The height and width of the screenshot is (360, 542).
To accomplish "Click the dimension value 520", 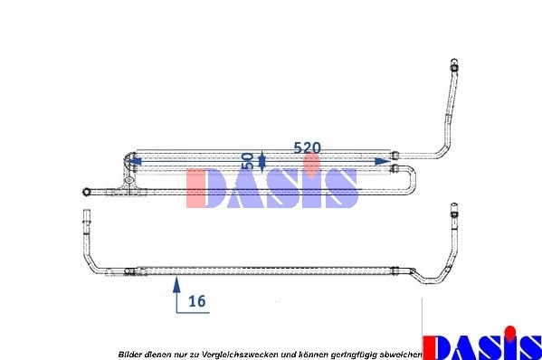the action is tap(308, 148).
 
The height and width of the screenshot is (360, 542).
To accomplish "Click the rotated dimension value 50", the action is tap(248, 161).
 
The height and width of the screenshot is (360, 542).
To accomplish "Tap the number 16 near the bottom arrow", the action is tap(197, 301).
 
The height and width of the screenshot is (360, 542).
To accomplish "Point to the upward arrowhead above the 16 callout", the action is tap(176, 285).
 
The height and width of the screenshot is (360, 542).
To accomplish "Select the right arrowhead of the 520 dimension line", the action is tap(383, 161).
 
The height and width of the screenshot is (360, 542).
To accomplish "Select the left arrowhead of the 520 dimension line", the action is tap(135, 161).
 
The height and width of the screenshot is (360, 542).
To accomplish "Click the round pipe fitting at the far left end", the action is tap(87, 192).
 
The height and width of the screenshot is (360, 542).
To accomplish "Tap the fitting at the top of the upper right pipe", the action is tap(454, 64).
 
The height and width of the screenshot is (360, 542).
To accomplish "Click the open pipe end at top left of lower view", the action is tap(86, 217).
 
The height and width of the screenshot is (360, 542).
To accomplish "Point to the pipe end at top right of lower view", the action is tap(454, 210).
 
